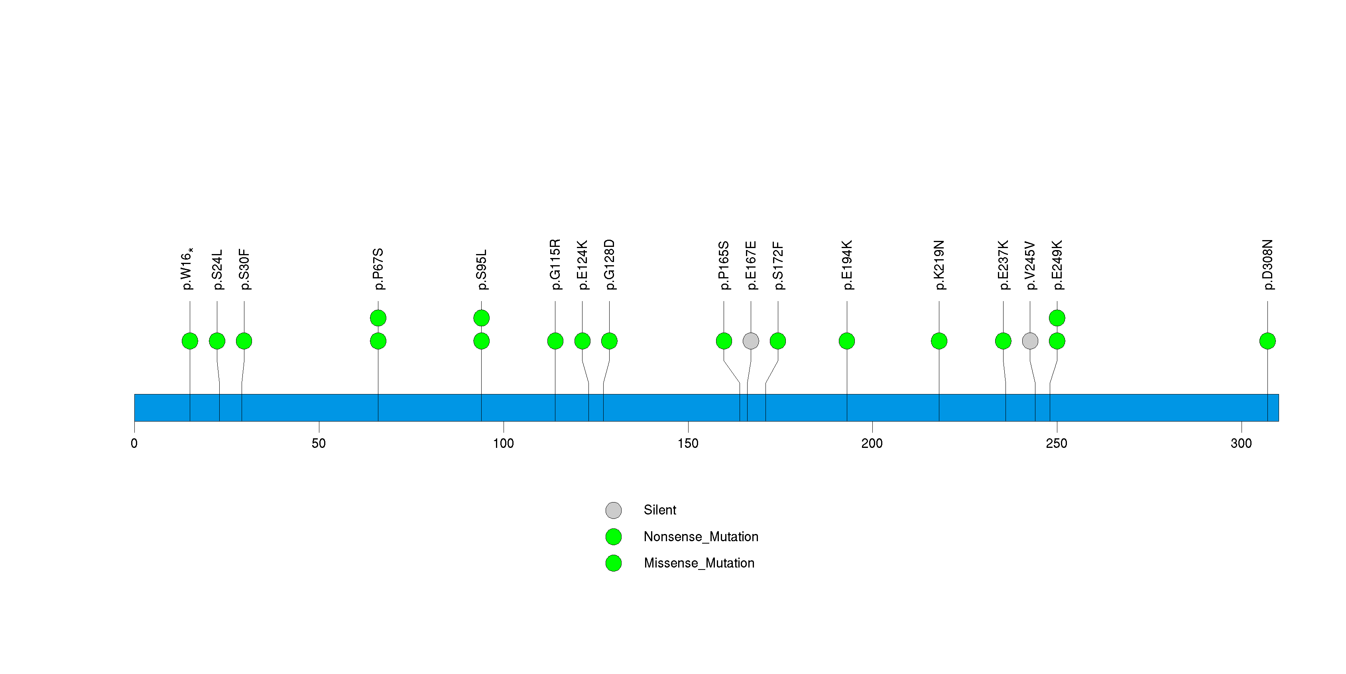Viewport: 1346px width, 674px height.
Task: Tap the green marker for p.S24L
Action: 217,341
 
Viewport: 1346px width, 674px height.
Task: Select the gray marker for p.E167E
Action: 751,341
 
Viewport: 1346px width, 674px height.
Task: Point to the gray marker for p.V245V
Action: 1030,341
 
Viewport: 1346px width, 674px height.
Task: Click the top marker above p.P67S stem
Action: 378,318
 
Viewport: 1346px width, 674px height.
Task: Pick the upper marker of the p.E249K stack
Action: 1057,318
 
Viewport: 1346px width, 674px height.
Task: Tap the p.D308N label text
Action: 1267,265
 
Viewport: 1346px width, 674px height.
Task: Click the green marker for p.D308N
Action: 1267,341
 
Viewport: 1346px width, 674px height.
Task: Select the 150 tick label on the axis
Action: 688,443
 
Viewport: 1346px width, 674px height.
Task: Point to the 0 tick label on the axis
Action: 134,443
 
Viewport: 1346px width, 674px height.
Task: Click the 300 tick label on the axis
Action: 1241,443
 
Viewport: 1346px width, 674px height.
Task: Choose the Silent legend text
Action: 659,510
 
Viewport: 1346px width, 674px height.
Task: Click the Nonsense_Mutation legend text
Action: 701,536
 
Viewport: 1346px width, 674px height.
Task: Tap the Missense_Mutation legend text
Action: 699,563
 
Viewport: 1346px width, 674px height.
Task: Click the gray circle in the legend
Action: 614,510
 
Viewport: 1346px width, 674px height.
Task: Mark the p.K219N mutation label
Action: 939,265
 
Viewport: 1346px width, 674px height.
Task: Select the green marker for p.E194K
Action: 846,341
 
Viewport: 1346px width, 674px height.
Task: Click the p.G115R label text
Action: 555,264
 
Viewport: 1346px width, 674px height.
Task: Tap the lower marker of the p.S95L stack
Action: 481,341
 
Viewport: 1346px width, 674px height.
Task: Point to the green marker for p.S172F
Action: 777,341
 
